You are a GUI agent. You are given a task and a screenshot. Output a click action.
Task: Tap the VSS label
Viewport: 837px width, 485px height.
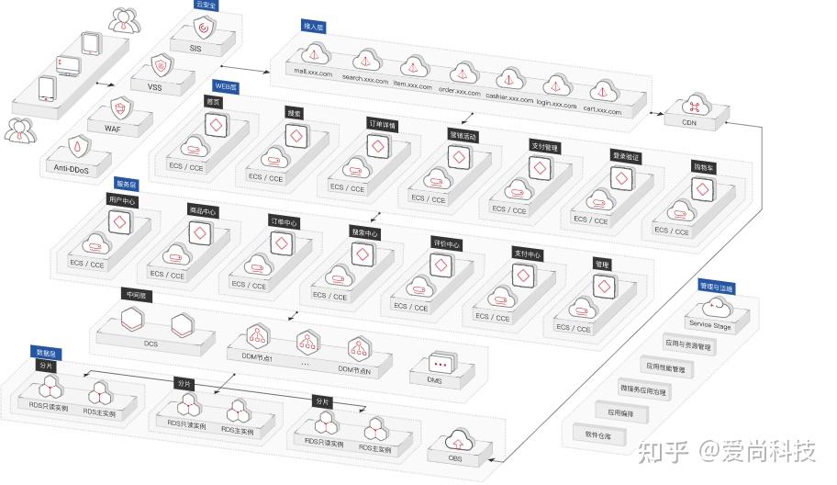(x=154, y=86)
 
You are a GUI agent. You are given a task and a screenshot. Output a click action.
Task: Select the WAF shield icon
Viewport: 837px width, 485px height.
(x=117, y=107)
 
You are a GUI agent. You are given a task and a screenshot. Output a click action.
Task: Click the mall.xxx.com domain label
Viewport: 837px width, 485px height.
(x=311, y=71)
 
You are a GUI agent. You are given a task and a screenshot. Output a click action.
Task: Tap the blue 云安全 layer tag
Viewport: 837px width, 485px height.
(x=205, y=5)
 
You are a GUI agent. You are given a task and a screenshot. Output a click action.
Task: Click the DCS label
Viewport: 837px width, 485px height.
(x=151, y=344)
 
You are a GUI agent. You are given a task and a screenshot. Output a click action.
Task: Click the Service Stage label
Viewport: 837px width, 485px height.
(x=710, y=326)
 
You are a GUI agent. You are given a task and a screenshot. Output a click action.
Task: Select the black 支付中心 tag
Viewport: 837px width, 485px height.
(x=527, y=254)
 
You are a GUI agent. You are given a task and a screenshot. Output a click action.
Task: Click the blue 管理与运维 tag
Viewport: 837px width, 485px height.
(x=716, y=288)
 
